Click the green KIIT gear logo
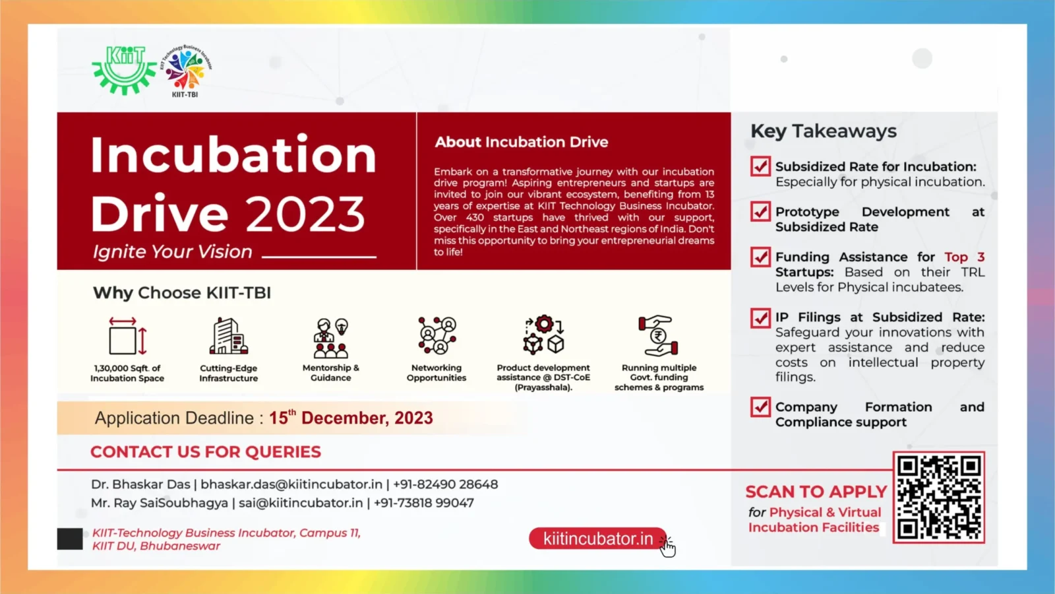125,71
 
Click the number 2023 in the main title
305,214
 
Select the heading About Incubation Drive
522,142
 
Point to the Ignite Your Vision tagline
172,251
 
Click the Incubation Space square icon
128,336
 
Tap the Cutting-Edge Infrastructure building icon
229,336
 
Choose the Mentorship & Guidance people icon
330,337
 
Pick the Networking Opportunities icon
437,336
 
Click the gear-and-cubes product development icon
543,335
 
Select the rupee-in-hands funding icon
659,335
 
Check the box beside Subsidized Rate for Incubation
760,166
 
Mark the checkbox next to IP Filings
760,318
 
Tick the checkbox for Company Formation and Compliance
760,407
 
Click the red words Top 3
964,257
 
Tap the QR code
939,498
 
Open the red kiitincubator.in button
597,539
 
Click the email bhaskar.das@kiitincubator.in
291,484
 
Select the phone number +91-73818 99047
424,503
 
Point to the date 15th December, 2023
351,418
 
